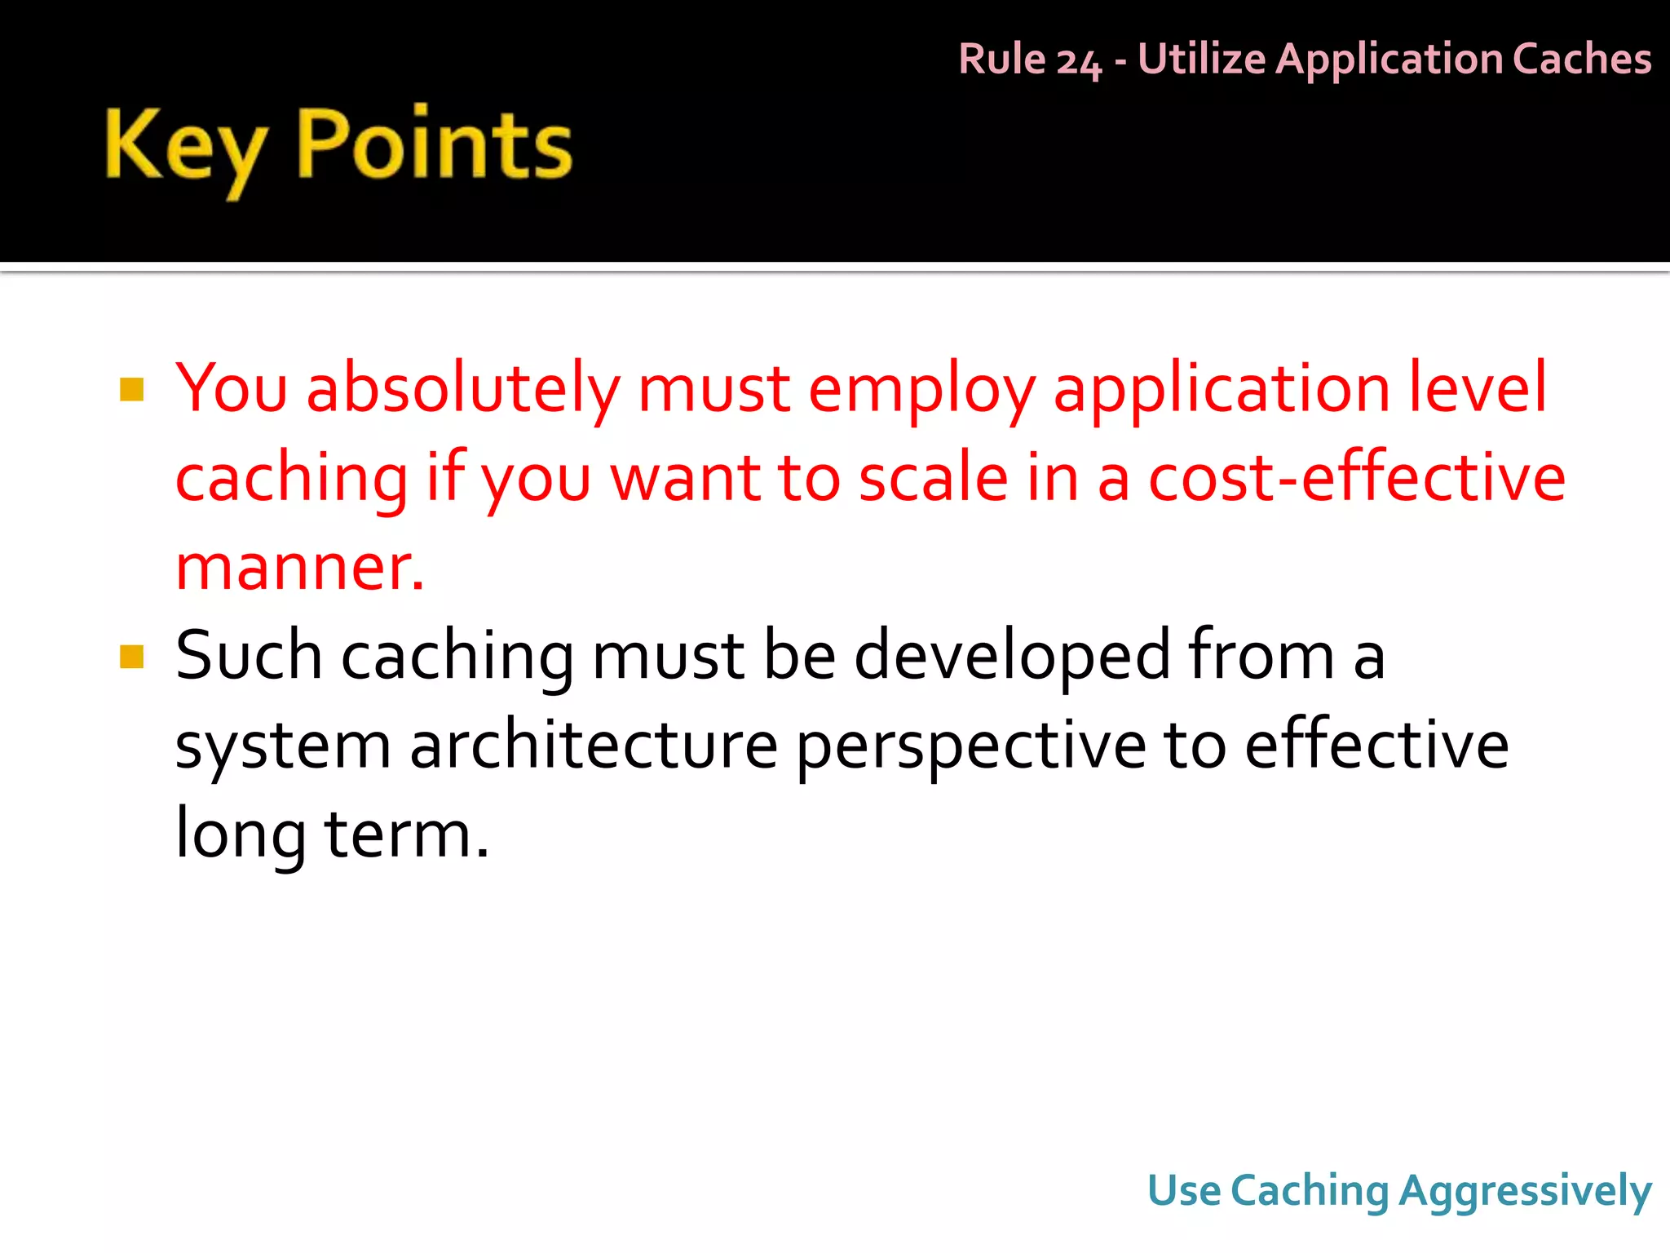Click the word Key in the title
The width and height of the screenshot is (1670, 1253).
point(185,147)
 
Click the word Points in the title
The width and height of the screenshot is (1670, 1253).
point(434,145)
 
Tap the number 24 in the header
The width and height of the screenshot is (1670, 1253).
point(1078,61)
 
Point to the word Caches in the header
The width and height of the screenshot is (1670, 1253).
point(1582,60)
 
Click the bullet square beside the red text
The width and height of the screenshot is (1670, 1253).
point(131,389)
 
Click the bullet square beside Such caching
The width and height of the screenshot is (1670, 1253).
point(131,656)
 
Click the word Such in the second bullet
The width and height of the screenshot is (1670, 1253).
point(249,656)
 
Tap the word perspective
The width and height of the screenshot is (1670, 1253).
point(970,747)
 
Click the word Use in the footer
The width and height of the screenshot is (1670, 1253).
point(1184,1190)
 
